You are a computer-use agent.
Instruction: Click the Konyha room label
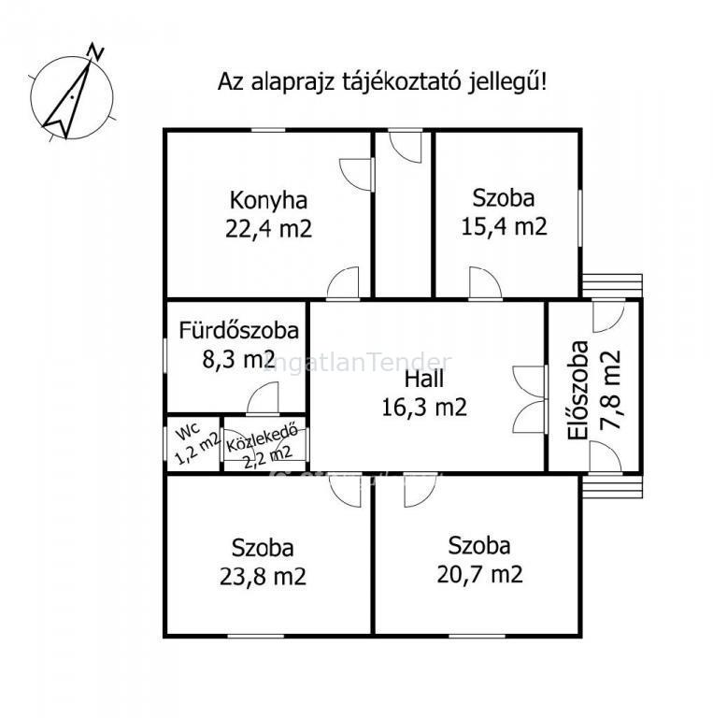click(268, 201)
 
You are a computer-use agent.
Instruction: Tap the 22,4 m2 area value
click(268, 228)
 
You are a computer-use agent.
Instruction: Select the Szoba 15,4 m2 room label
click(504, 212)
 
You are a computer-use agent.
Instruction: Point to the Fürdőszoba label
click(238, 331)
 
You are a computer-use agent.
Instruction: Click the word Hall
click(423, 380)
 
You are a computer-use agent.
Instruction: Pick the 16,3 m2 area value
click(424, 407)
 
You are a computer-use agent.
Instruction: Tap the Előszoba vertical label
click(578, 391)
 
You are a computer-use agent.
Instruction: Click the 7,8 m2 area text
click(611, 390)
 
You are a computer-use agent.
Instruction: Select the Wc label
click(188, 431)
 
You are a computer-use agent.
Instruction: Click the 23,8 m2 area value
click(263, 577)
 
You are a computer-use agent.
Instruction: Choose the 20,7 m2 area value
click(479, 574)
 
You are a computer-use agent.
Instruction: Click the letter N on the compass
click(95, 50)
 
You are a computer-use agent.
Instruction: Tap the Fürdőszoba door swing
click(263, 397)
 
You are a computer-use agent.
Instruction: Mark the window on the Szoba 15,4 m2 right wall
click(580, 218)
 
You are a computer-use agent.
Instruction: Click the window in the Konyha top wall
click(268, 131)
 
